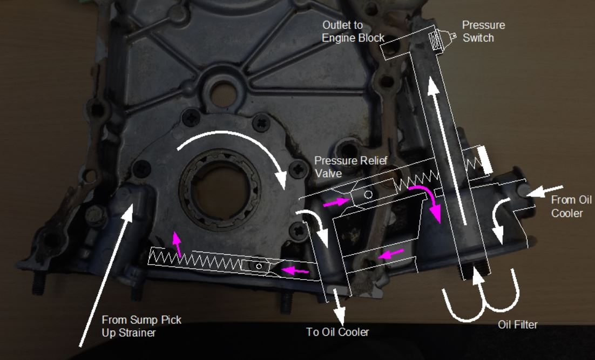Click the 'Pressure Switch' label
point(483,31)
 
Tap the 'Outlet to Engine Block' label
point(353,31)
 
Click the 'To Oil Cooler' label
point(337,331)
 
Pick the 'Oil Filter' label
point(517,324)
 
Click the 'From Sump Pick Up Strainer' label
point(141,326)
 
